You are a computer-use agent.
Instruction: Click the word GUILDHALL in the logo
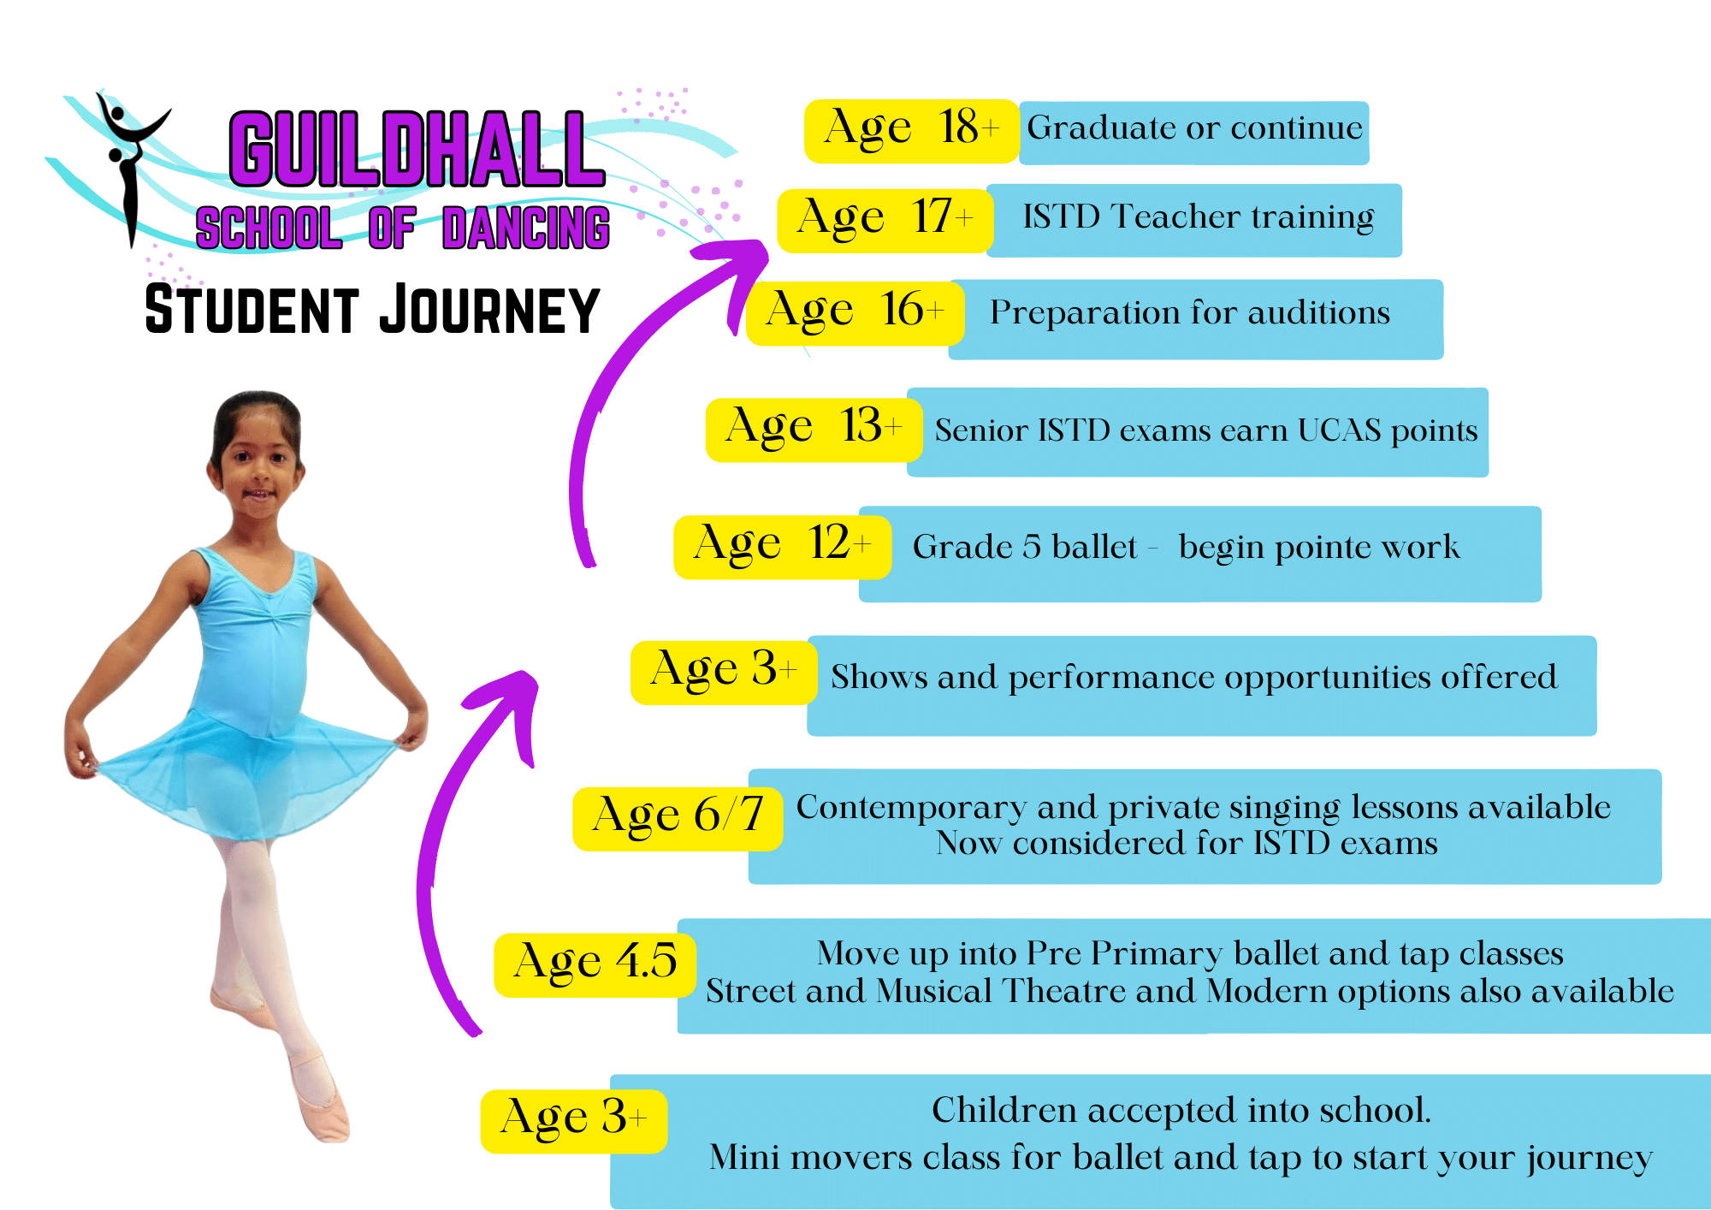tap(417, 150)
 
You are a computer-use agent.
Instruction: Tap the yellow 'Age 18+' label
tap(912, 131)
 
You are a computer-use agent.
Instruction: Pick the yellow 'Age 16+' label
tap(855, 313)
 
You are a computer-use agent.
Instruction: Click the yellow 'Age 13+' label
tap(814, 430)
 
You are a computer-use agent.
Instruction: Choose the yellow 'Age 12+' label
tap(783, 547)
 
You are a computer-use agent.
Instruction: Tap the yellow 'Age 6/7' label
tap(678, 819)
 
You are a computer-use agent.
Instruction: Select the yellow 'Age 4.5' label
tap(595, 965)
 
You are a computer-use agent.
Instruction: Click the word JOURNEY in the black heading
tap(489, 310)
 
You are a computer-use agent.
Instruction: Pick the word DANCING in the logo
tap(526, 228)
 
